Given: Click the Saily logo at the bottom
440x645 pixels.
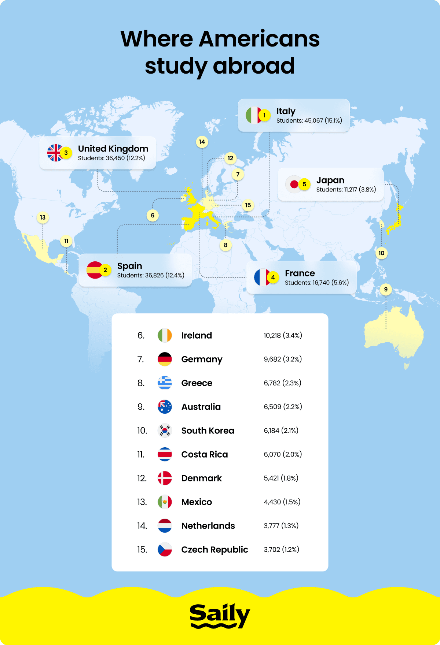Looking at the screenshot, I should (x=220, y=616).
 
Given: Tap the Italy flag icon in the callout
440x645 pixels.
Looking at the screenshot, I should (x=253, y=115).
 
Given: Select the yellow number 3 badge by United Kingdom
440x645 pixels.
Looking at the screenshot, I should (x=66, y=153).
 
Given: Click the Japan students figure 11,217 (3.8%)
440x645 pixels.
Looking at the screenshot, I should (x=346, y=190).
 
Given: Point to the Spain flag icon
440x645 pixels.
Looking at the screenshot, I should (x=94, y=270).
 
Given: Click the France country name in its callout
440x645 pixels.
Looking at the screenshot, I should (x=300, y=273).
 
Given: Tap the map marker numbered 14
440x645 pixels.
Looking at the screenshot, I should (x=202, y=142).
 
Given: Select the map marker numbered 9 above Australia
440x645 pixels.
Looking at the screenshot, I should (x=386, y=290).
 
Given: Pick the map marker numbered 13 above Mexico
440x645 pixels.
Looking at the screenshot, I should (x=43, y=217).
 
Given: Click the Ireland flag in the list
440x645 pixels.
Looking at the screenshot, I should (x=165, y=335).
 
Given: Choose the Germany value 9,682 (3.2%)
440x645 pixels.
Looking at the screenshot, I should (x=283, y=359).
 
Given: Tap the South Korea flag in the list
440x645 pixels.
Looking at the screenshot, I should (x=165, y=430).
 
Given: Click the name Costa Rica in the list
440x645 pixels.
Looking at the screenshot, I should (x=205, y=454).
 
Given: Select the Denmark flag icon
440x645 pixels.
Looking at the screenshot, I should (x=165, y=478).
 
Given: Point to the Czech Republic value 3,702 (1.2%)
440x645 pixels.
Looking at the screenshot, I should (x=281, y=549).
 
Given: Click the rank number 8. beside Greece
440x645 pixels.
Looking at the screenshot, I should (x=141, y=383).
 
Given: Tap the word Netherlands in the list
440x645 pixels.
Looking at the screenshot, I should (x=208, y=526).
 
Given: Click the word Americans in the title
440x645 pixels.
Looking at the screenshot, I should (x=259, y=39).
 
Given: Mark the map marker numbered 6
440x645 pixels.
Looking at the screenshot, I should (x=153, y=215).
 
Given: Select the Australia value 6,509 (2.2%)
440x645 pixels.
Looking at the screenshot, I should (x=283, y=407).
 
